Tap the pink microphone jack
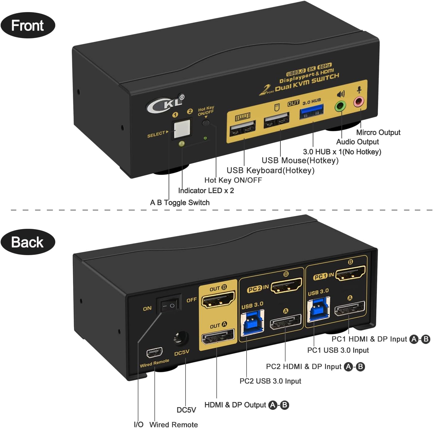(359, 102)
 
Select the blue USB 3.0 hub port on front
(312, 111)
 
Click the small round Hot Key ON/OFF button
(206, 123)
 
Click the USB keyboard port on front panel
(243, 129)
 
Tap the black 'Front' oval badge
(28, 25)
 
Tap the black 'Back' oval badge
(28, 242)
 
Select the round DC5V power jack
(181, 338)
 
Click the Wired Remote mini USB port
(154, 352)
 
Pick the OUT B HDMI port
(218, 299)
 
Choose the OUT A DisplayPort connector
(218, 337)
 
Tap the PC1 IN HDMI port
(351, 274)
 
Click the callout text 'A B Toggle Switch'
(180, 203)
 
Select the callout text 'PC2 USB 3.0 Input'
(270, 381)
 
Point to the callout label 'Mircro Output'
(378, 132)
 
